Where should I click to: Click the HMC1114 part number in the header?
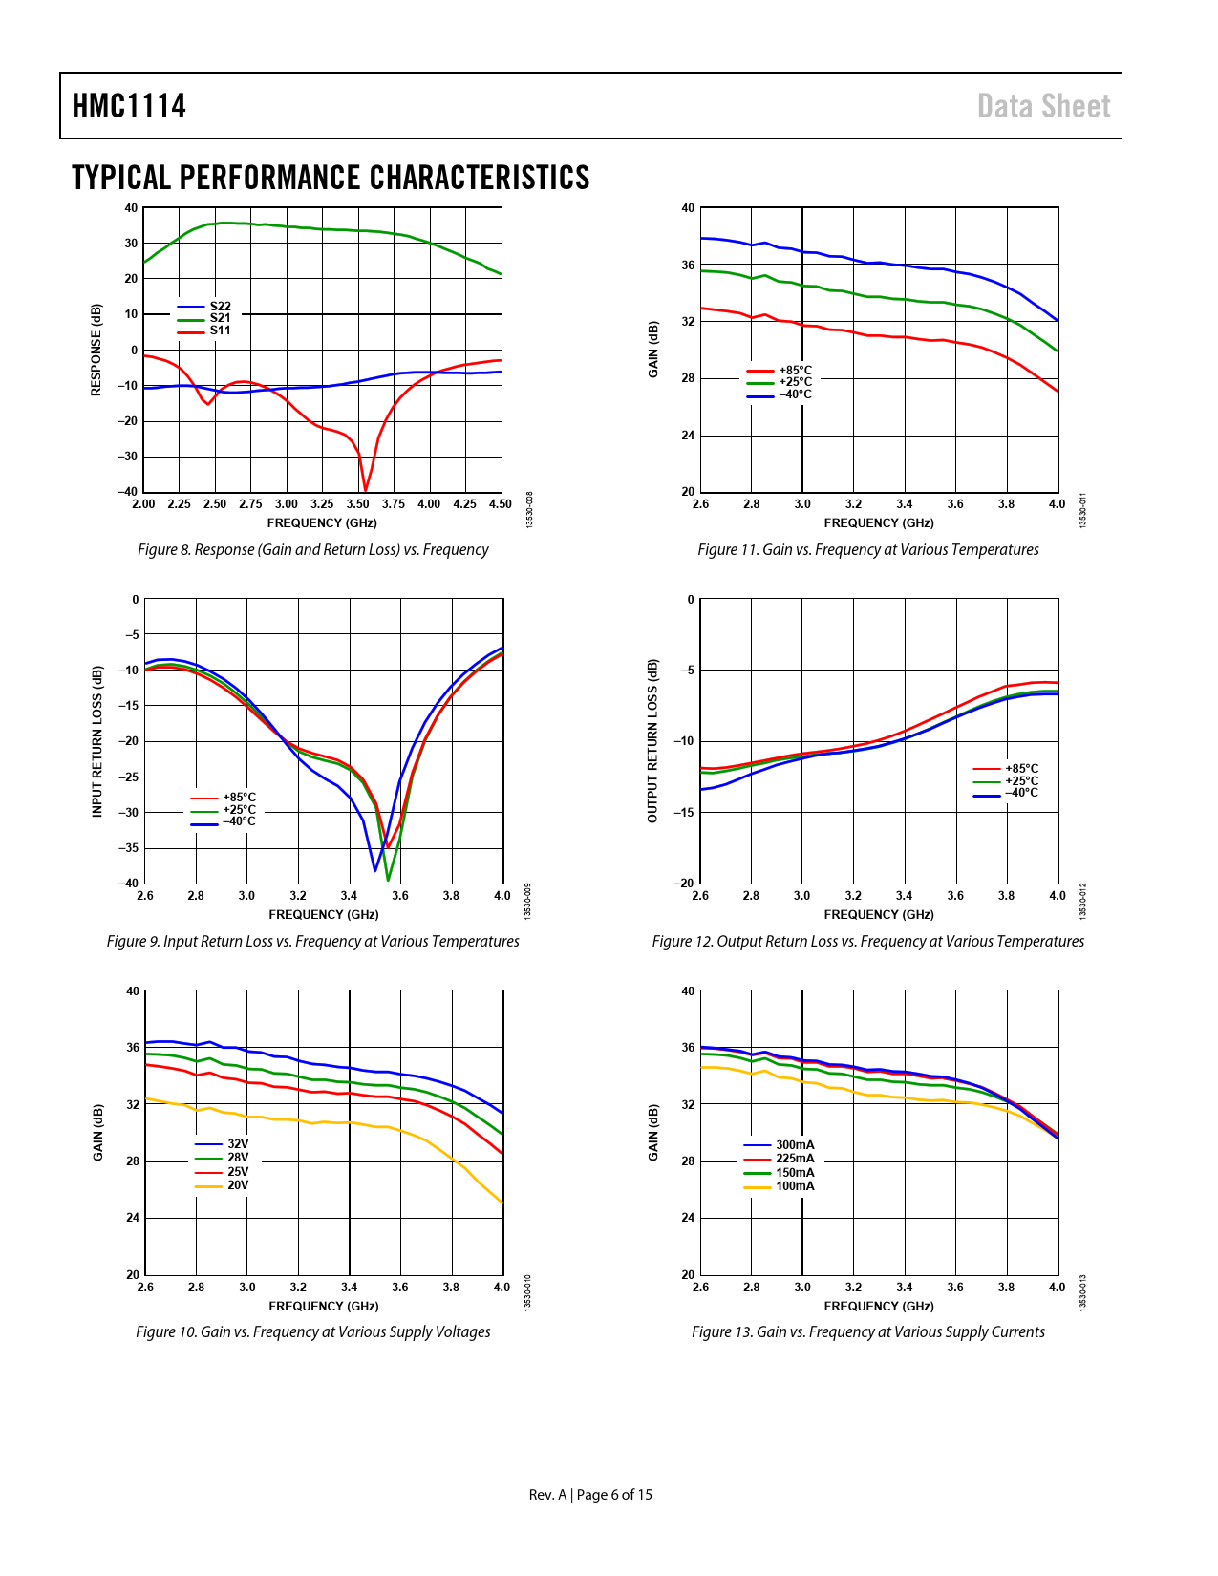129,106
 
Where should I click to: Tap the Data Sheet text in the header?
1043,106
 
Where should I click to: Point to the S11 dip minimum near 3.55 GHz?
365,490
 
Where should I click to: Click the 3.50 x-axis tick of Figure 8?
357,504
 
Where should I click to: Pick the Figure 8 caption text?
312,550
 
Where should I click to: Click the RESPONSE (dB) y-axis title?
96,350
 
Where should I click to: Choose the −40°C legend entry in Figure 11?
795,394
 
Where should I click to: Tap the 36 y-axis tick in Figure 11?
688,265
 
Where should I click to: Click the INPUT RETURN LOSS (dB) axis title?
96,741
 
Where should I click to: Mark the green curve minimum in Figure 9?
388,879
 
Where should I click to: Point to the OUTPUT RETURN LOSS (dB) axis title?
652,741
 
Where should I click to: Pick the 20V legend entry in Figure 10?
237,1185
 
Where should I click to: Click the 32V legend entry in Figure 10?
237,1144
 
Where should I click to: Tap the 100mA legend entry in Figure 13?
795,1186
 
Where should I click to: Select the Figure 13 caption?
867,1332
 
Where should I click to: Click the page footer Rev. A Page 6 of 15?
590,1495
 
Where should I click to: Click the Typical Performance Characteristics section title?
331,178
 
